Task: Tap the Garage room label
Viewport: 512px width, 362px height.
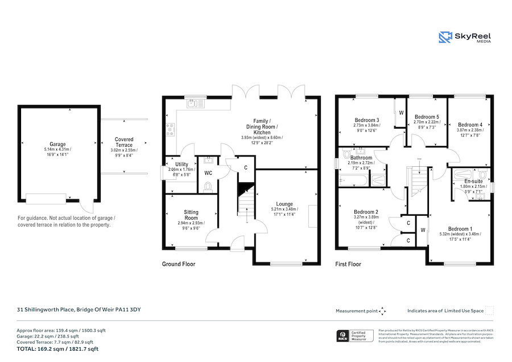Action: [x=57, y=145]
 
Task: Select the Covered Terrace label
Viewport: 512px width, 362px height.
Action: [x=124, y=139]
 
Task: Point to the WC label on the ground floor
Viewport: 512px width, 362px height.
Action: [x=208, y=172]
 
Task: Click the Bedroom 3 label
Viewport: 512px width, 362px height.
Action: [x=366, y=120]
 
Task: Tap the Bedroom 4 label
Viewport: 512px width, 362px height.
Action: [x=470, y=125]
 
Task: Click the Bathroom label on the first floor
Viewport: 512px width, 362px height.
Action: [x=361, y=158]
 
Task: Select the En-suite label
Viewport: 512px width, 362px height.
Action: [x=469, y=180]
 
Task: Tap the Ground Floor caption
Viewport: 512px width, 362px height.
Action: [x=179, y=264]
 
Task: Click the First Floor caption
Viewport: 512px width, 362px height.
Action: [x=348, y=264]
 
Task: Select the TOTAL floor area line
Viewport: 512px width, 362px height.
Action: [x=57, y=349]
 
